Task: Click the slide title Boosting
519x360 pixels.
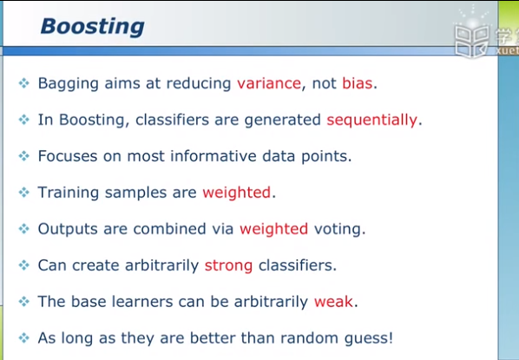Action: coord(92,27)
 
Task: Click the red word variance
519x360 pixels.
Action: coord(269,83)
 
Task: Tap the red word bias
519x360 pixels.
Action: coord(358,82)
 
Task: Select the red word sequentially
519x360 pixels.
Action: coord(371,120)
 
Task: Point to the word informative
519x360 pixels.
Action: coord(214,156)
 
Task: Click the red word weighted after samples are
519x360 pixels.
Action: coord(237,193)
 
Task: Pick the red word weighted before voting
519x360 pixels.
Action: coord(273,229)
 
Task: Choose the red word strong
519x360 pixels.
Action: coord(228,266)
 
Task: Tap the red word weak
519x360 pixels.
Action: coord(333,302)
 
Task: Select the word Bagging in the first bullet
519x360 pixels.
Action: coord(69,84)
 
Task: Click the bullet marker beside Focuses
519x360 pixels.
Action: coord(23,156)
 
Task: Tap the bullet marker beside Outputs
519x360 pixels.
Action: coord(23,229)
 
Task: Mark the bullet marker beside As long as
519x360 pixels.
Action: coord(23,337)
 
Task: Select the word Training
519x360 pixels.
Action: coord(69,193)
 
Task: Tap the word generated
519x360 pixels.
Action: coord(282,120)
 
